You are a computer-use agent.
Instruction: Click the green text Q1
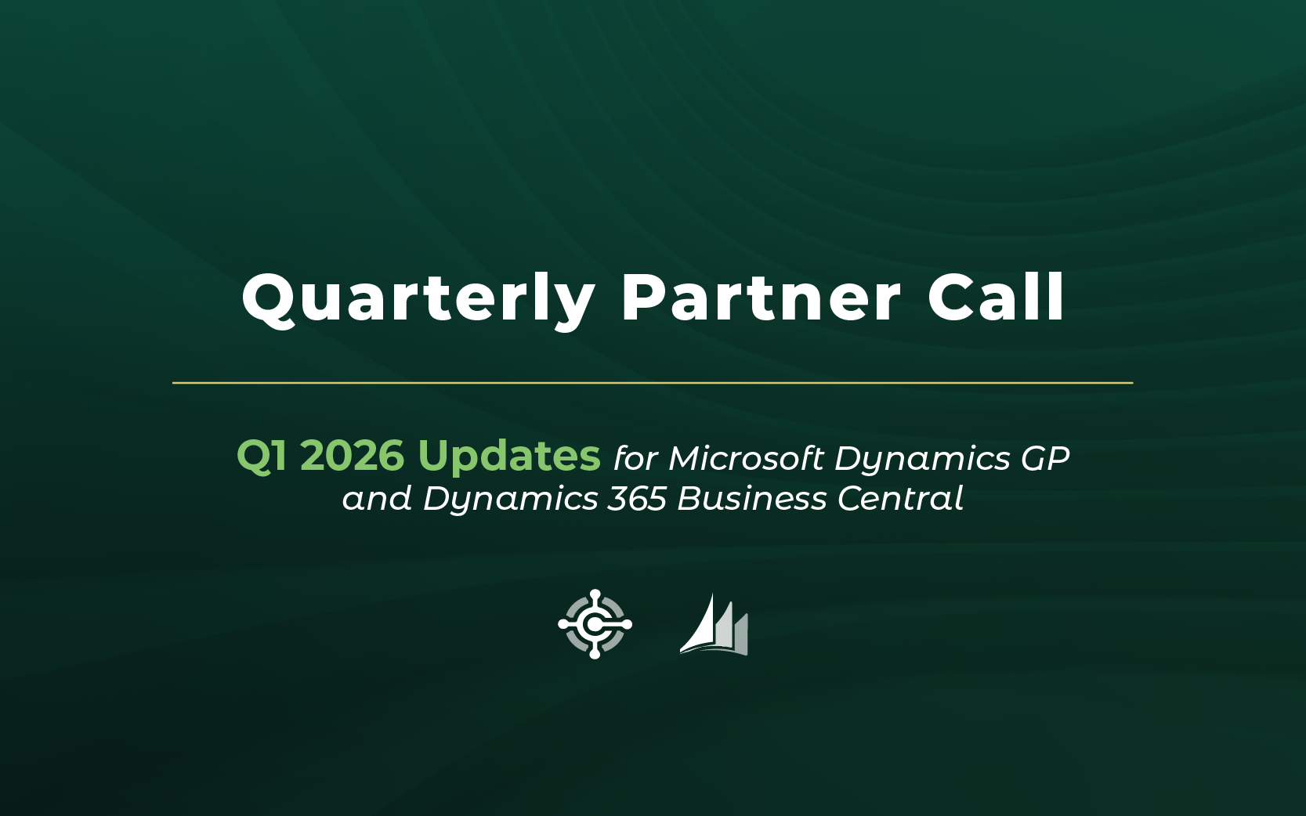[262, 455]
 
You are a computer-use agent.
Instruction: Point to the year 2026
[352, 455]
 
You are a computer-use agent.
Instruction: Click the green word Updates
[509, 457]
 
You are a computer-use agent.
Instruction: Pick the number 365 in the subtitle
[637, 499]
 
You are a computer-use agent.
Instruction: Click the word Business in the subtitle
[751, 499]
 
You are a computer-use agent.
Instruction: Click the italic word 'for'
[635, 458]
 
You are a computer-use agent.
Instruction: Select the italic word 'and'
[377, 499]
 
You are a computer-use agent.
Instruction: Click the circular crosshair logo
[595, 624]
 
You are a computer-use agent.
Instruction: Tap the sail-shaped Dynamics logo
[715, 625]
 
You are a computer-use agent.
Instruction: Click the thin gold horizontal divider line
[653, 383]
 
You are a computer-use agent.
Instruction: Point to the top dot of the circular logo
[595, 595]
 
